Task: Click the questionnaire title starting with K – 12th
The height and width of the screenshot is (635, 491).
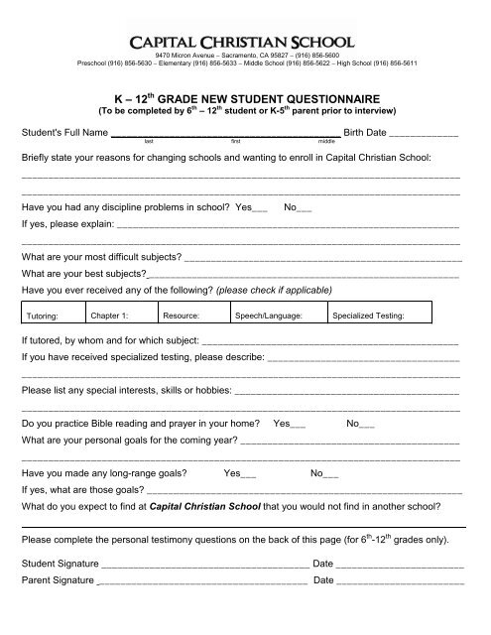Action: pos(245,99)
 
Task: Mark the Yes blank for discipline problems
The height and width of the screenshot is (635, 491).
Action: pos(259,209)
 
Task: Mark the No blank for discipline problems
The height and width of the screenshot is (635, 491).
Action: pos(305,209)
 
